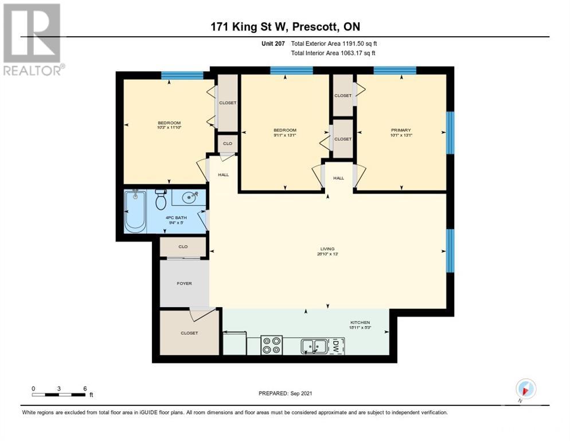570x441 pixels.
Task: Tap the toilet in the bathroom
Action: tap(161, 200)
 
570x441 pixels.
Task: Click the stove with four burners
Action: tap(271, 345)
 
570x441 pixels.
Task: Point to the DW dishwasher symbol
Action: tap(337, 346)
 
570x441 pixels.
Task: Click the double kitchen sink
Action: tap(314, 346)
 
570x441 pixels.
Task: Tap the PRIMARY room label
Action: tap(401, 130)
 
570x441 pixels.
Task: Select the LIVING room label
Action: tap(327, 249)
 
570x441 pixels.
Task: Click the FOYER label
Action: tap(184, 284)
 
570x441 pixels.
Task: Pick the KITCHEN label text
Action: tap(361, 323)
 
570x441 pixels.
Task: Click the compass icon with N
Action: tap(525, 389)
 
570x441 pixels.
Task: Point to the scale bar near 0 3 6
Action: tap(59, 394)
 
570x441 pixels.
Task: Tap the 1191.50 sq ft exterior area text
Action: tap(334, 44)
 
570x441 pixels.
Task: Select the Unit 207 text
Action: tap(272, 44)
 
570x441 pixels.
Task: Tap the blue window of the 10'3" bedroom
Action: tap(182, 75)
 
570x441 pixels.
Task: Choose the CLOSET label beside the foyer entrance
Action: tap(189, 333)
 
